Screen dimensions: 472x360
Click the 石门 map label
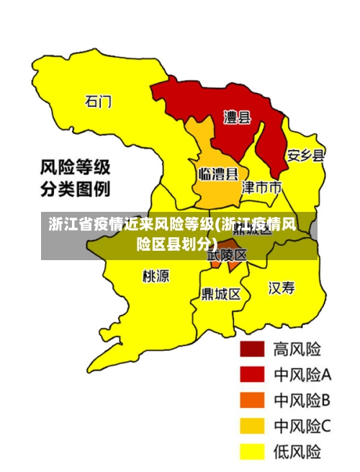point(99,101)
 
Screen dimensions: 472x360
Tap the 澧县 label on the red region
point(237,117)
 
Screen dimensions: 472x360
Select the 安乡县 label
point(306,155)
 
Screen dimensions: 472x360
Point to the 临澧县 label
point(218,174)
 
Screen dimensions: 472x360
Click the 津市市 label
point(261,187)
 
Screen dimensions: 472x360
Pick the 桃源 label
point(156,275)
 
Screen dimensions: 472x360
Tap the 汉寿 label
point(282,288)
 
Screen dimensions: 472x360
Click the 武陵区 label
point(228,254)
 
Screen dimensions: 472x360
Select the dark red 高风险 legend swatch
point(252,350)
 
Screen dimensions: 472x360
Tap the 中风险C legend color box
point(252,426)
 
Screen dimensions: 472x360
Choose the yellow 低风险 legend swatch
point(252,452)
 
